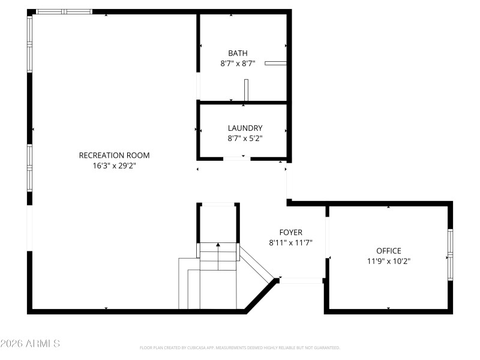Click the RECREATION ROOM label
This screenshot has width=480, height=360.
pos(114,155)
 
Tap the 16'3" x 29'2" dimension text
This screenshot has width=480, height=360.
pos(114,166)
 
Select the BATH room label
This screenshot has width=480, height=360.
pos(238,53)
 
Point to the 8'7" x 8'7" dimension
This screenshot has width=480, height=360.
pos(238,64)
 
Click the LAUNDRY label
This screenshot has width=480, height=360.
pos(245,128)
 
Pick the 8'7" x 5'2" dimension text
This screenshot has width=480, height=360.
pos(245,138)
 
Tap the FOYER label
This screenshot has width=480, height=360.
pos(291,232)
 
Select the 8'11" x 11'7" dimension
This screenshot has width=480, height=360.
pos(291,242)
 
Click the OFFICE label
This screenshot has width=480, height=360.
pos(389,251)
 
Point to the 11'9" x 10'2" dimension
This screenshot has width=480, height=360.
pos(389,261)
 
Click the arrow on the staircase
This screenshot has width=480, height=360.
pos(218,245)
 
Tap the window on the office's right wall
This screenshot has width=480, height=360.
pos(450,256)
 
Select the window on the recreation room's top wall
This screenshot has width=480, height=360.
pos(64,11)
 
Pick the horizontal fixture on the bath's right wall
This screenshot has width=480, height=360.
pos(275,62)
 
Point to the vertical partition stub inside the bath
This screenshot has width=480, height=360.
pos(246,89)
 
